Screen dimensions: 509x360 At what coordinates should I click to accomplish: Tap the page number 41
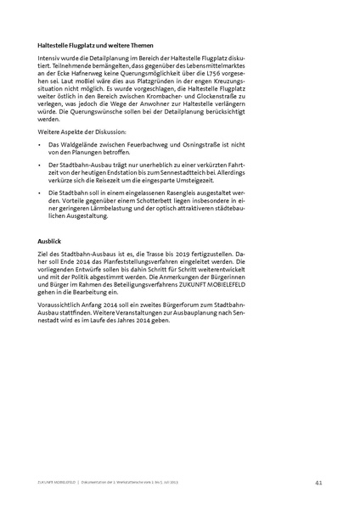pyautogui.click(x=317, y=483)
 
